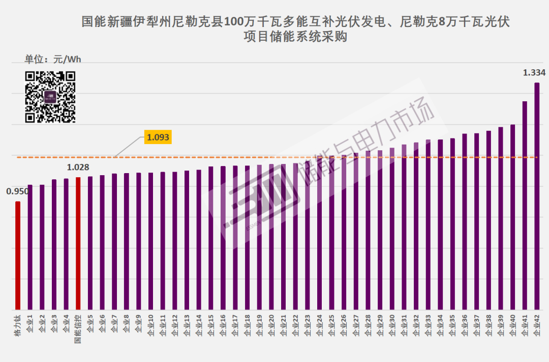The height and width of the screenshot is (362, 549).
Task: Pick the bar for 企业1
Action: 30,247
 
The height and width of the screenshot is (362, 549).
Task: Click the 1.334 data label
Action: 534,73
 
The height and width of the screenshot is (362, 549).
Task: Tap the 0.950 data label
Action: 17,191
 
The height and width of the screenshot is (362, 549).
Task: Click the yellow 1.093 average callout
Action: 158,137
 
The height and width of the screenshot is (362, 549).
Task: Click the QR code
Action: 50,97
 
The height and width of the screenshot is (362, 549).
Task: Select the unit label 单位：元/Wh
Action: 53,60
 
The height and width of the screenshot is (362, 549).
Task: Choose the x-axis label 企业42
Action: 537,326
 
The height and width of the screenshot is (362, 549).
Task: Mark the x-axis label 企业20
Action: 271,326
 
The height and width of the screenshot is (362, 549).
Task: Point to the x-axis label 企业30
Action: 392,326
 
